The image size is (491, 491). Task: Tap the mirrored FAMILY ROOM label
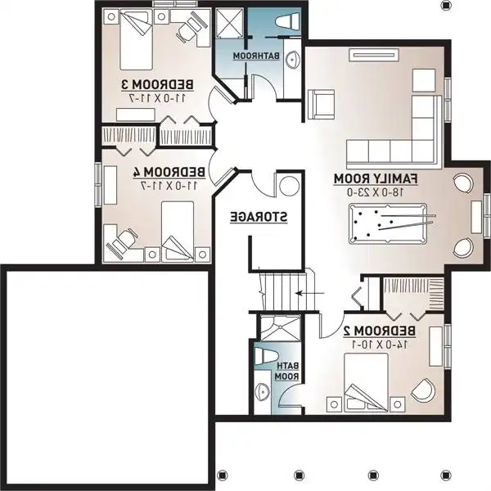click(376, 178)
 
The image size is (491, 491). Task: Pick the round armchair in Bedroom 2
click(424, 390)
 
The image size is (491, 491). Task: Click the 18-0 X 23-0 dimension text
click(377, 191)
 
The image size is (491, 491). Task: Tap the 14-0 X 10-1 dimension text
click(381, 345)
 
